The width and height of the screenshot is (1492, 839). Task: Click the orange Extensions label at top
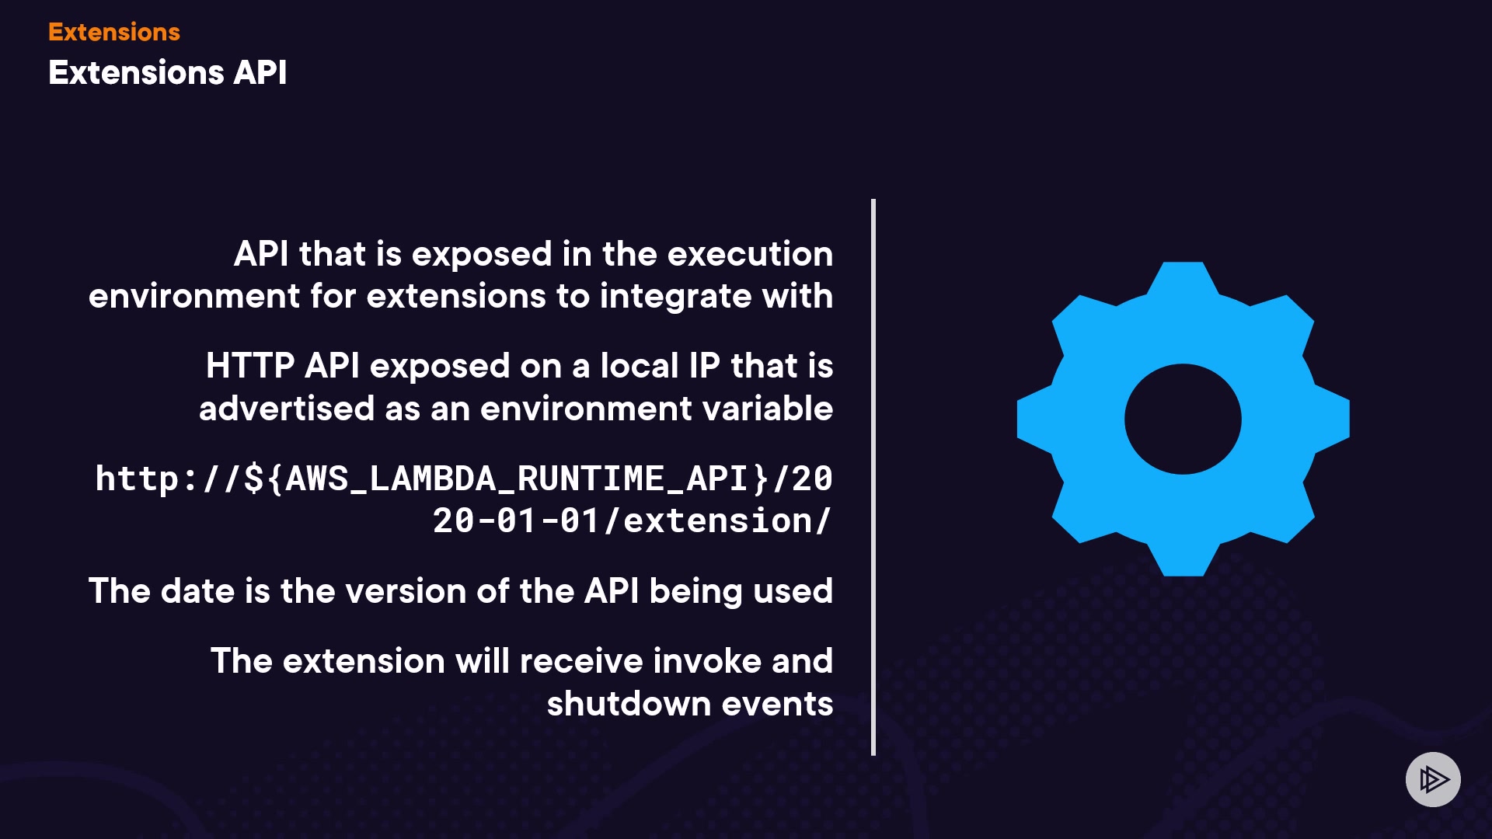114,32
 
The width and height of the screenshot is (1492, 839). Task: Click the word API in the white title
260,72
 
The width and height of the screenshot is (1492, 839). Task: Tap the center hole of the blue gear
1183,419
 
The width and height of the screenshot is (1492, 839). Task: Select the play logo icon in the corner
1433,779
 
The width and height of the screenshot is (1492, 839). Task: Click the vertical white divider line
873,477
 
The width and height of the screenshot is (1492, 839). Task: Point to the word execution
750,254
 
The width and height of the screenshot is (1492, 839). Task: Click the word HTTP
250,366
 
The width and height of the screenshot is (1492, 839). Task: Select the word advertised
287,409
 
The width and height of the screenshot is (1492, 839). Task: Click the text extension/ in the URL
727,520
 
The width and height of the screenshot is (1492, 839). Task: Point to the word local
640,366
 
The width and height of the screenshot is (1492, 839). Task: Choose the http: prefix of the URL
146,479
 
